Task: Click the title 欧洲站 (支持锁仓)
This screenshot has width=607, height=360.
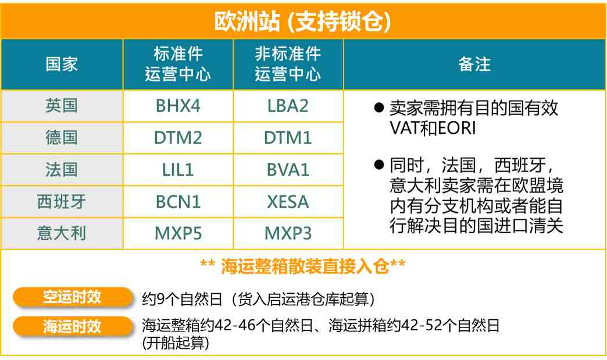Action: (302, 22)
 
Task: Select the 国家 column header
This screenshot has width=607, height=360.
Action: (62, 64)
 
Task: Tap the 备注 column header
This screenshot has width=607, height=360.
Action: (474, 64)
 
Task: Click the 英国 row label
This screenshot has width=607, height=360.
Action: (62, 106)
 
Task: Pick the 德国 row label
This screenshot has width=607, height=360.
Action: (62, 138)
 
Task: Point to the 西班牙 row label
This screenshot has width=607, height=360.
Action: (62, 202)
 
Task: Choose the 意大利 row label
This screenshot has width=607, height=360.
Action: (62, 233)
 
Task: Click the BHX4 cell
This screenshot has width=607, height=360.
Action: (178, 106)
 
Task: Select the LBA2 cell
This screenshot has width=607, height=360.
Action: (288, 106)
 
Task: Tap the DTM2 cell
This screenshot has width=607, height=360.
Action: (178, 138)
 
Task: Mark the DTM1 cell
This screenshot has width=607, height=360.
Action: (288, 138)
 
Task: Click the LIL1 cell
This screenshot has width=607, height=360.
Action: (178, 170)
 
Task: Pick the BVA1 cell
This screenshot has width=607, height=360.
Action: (288, 170)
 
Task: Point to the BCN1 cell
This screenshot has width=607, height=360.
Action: (178, 202)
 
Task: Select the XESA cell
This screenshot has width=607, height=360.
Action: (288, 202)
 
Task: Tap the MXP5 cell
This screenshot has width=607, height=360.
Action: (178, 233)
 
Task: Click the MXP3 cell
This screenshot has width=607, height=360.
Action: (288, 233)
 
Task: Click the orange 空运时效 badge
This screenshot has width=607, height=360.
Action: (73, 297)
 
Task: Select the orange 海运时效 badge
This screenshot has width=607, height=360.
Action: (73, 326)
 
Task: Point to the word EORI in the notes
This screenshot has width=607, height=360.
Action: (457, 128)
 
